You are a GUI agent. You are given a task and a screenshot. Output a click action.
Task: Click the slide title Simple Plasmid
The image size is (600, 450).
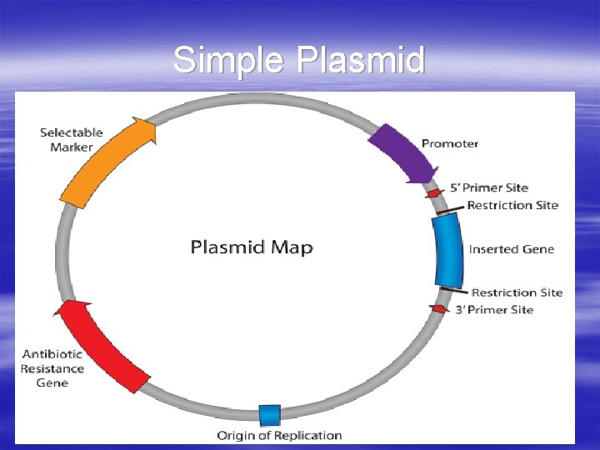[299, 60]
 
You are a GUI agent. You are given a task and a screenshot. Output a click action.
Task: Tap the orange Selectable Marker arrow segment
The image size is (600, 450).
[104, 162]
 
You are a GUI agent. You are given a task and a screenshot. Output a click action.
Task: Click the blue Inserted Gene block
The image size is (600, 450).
[447, 249]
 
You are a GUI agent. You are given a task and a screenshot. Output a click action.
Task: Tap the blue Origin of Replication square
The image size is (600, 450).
[269, 414]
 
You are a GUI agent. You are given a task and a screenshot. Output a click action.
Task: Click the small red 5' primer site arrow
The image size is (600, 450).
[434, 192]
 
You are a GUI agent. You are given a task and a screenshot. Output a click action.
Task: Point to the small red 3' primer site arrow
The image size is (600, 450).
[437, 308]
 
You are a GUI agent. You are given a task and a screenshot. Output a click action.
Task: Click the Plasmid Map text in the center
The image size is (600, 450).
[252, 247]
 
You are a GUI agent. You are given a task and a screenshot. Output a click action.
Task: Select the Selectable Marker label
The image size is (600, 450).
[72, 140]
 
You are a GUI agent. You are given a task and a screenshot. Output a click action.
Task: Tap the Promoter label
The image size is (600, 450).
[450, 143]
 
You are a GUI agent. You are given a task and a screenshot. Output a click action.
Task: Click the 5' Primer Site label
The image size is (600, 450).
[489, 188]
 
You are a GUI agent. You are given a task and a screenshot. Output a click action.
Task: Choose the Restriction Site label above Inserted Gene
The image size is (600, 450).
[512, 205]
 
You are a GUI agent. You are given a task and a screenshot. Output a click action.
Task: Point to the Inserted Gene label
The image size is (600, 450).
[511, 249]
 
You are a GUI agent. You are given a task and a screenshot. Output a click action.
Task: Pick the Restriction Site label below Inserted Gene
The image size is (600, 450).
[517, 292]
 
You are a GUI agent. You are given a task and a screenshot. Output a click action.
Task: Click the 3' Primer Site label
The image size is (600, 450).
[493, 310]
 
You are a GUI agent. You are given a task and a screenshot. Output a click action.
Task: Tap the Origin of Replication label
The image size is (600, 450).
[279, 435]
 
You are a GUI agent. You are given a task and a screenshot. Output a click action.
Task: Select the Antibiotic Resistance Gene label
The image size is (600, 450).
[52, 368]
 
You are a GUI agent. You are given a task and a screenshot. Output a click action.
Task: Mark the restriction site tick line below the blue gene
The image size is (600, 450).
[452, 290]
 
